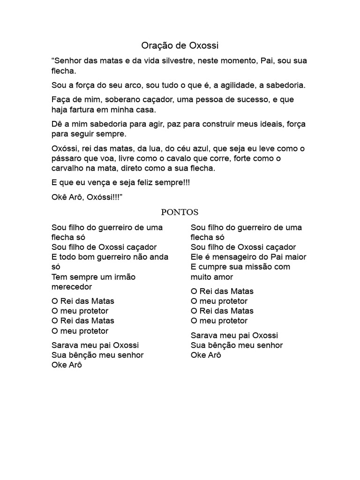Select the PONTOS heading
(x=180, y=212)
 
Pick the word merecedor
(x=72, y=286)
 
